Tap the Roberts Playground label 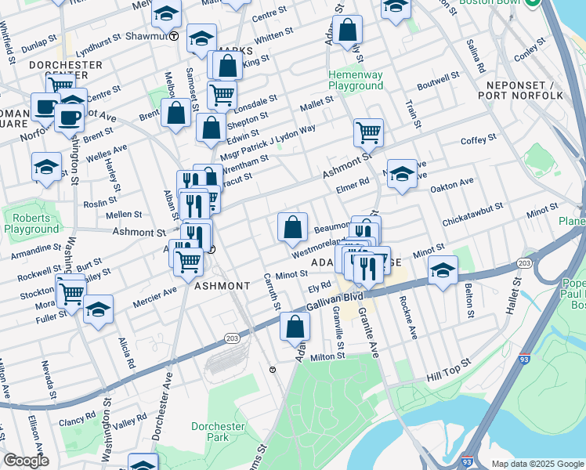pos(31,223)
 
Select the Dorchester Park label pos(218,432)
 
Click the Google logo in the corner pos(26,461)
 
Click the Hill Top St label pos(448,367)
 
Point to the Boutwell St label pos(437,81)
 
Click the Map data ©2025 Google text pos(536,464)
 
